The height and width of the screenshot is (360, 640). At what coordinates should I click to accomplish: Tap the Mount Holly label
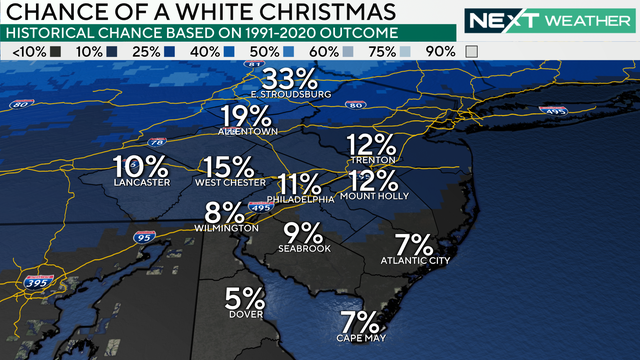374,197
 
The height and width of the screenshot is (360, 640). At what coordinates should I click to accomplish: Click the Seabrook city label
305,248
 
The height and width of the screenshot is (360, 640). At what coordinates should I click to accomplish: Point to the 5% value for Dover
245,298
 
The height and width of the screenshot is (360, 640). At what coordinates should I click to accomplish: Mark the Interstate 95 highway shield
141,237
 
